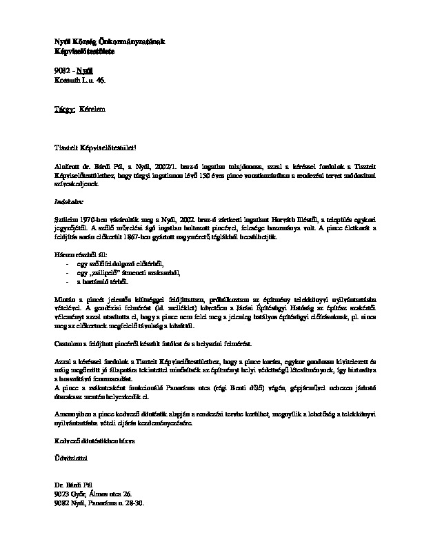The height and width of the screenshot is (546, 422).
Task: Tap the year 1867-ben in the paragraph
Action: point(174,236)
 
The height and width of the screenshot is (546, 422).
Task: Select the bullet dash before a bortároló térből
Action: point(67,281)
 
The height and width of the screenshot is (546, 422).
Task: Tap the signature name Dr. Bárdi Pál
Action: point(74,486)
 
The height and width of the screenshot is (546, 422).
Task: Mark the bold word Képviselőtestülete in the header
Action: point(85,51)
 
